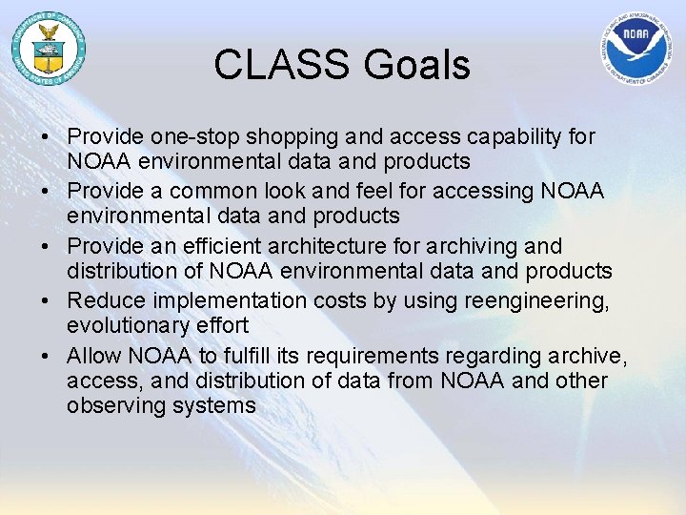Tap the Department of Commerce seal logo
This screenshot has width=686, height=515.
(x=49, y=49)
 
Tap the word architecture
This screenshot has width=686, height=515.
(x=327, y=246)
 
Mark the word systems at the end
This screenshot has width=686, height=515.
(x=214, y=406)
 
